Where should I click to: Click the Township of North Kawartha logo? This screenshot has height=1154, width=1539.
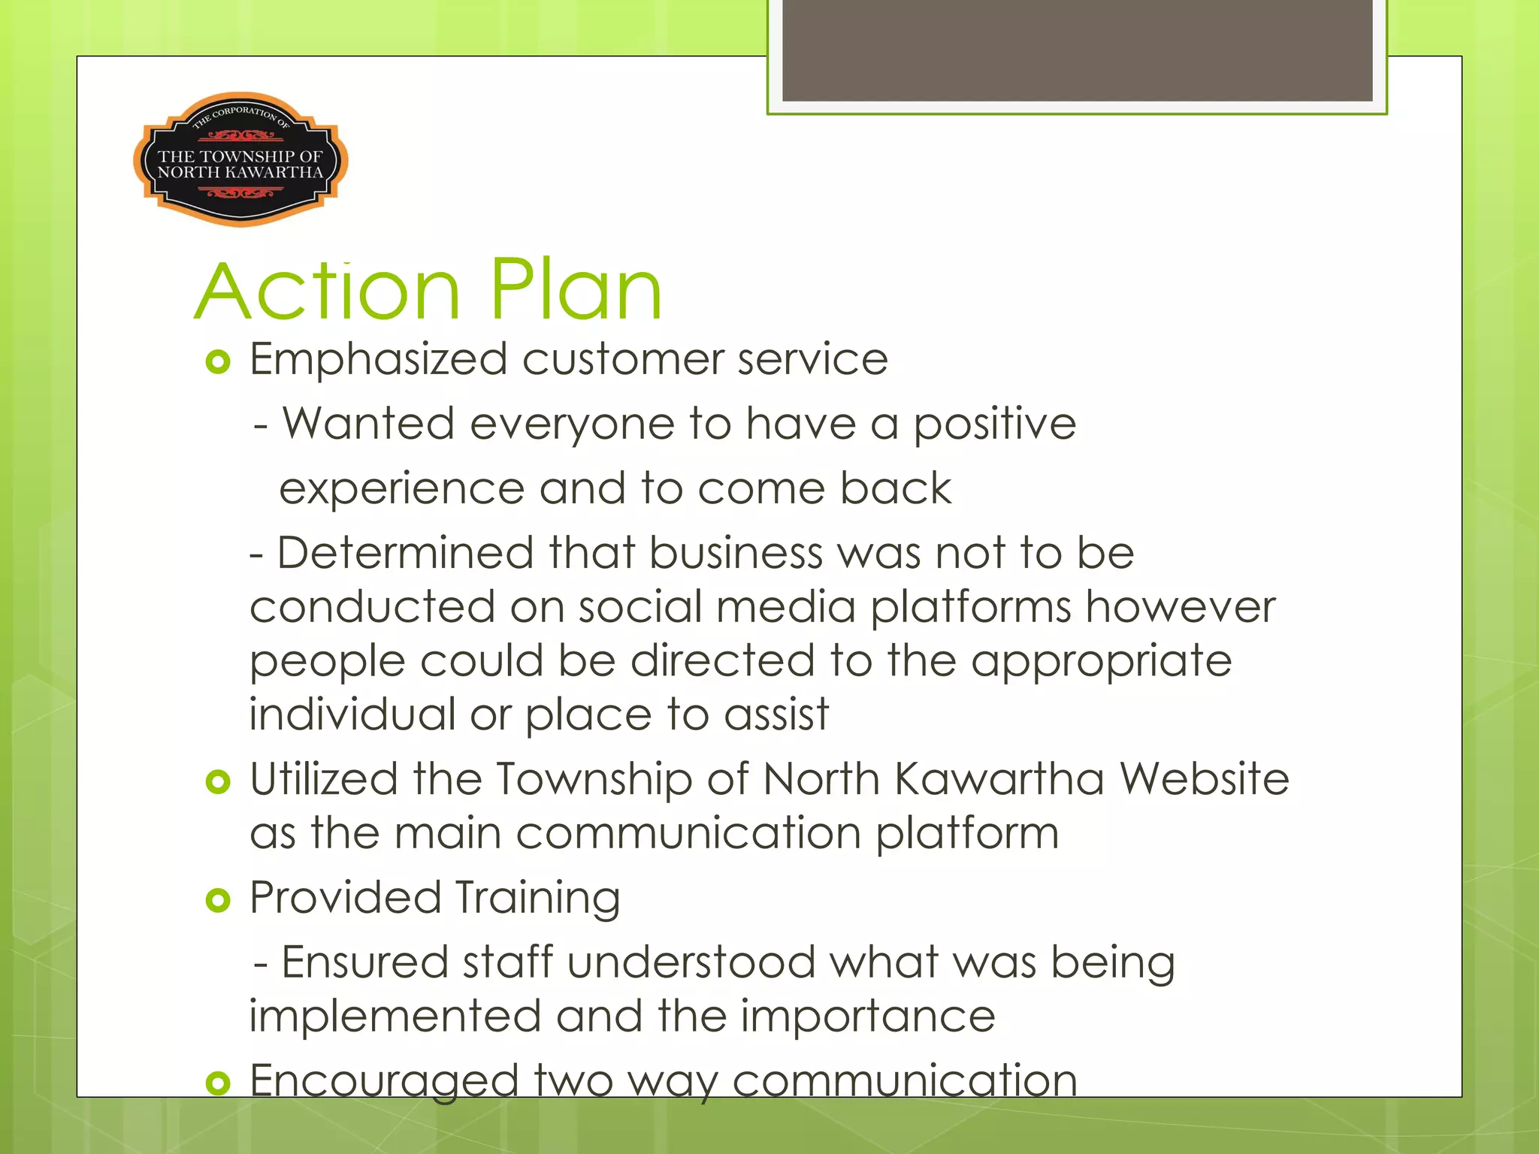point(240,159)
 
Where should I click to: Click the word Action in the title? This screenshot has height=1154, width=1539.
point(328,291)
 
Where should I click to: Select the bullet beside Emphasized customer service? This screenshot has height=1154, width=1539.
point(217,363)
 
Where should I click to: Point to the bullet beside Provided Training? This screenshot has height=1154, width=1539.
point(217,899)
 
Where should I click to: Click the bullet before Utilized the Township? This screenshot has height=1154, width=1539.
point(217,782)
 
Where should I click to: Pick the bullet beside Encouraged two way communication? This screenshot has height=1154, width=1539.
point(217,1083)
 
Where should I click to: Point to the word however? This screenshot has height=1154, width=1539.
point(1181,606)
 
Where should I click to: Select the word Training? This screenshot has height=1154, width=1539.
point(537,899)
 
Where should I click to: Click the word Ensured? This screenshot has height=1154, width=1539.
point(364,962)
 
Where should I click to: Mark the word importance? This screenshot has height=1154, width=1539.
point(868,1017)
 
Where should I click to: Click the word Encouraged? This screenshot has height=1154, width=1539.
point(384,1081)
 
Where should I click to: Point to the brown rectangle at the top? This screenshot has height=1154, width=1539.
point(1077,50)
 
